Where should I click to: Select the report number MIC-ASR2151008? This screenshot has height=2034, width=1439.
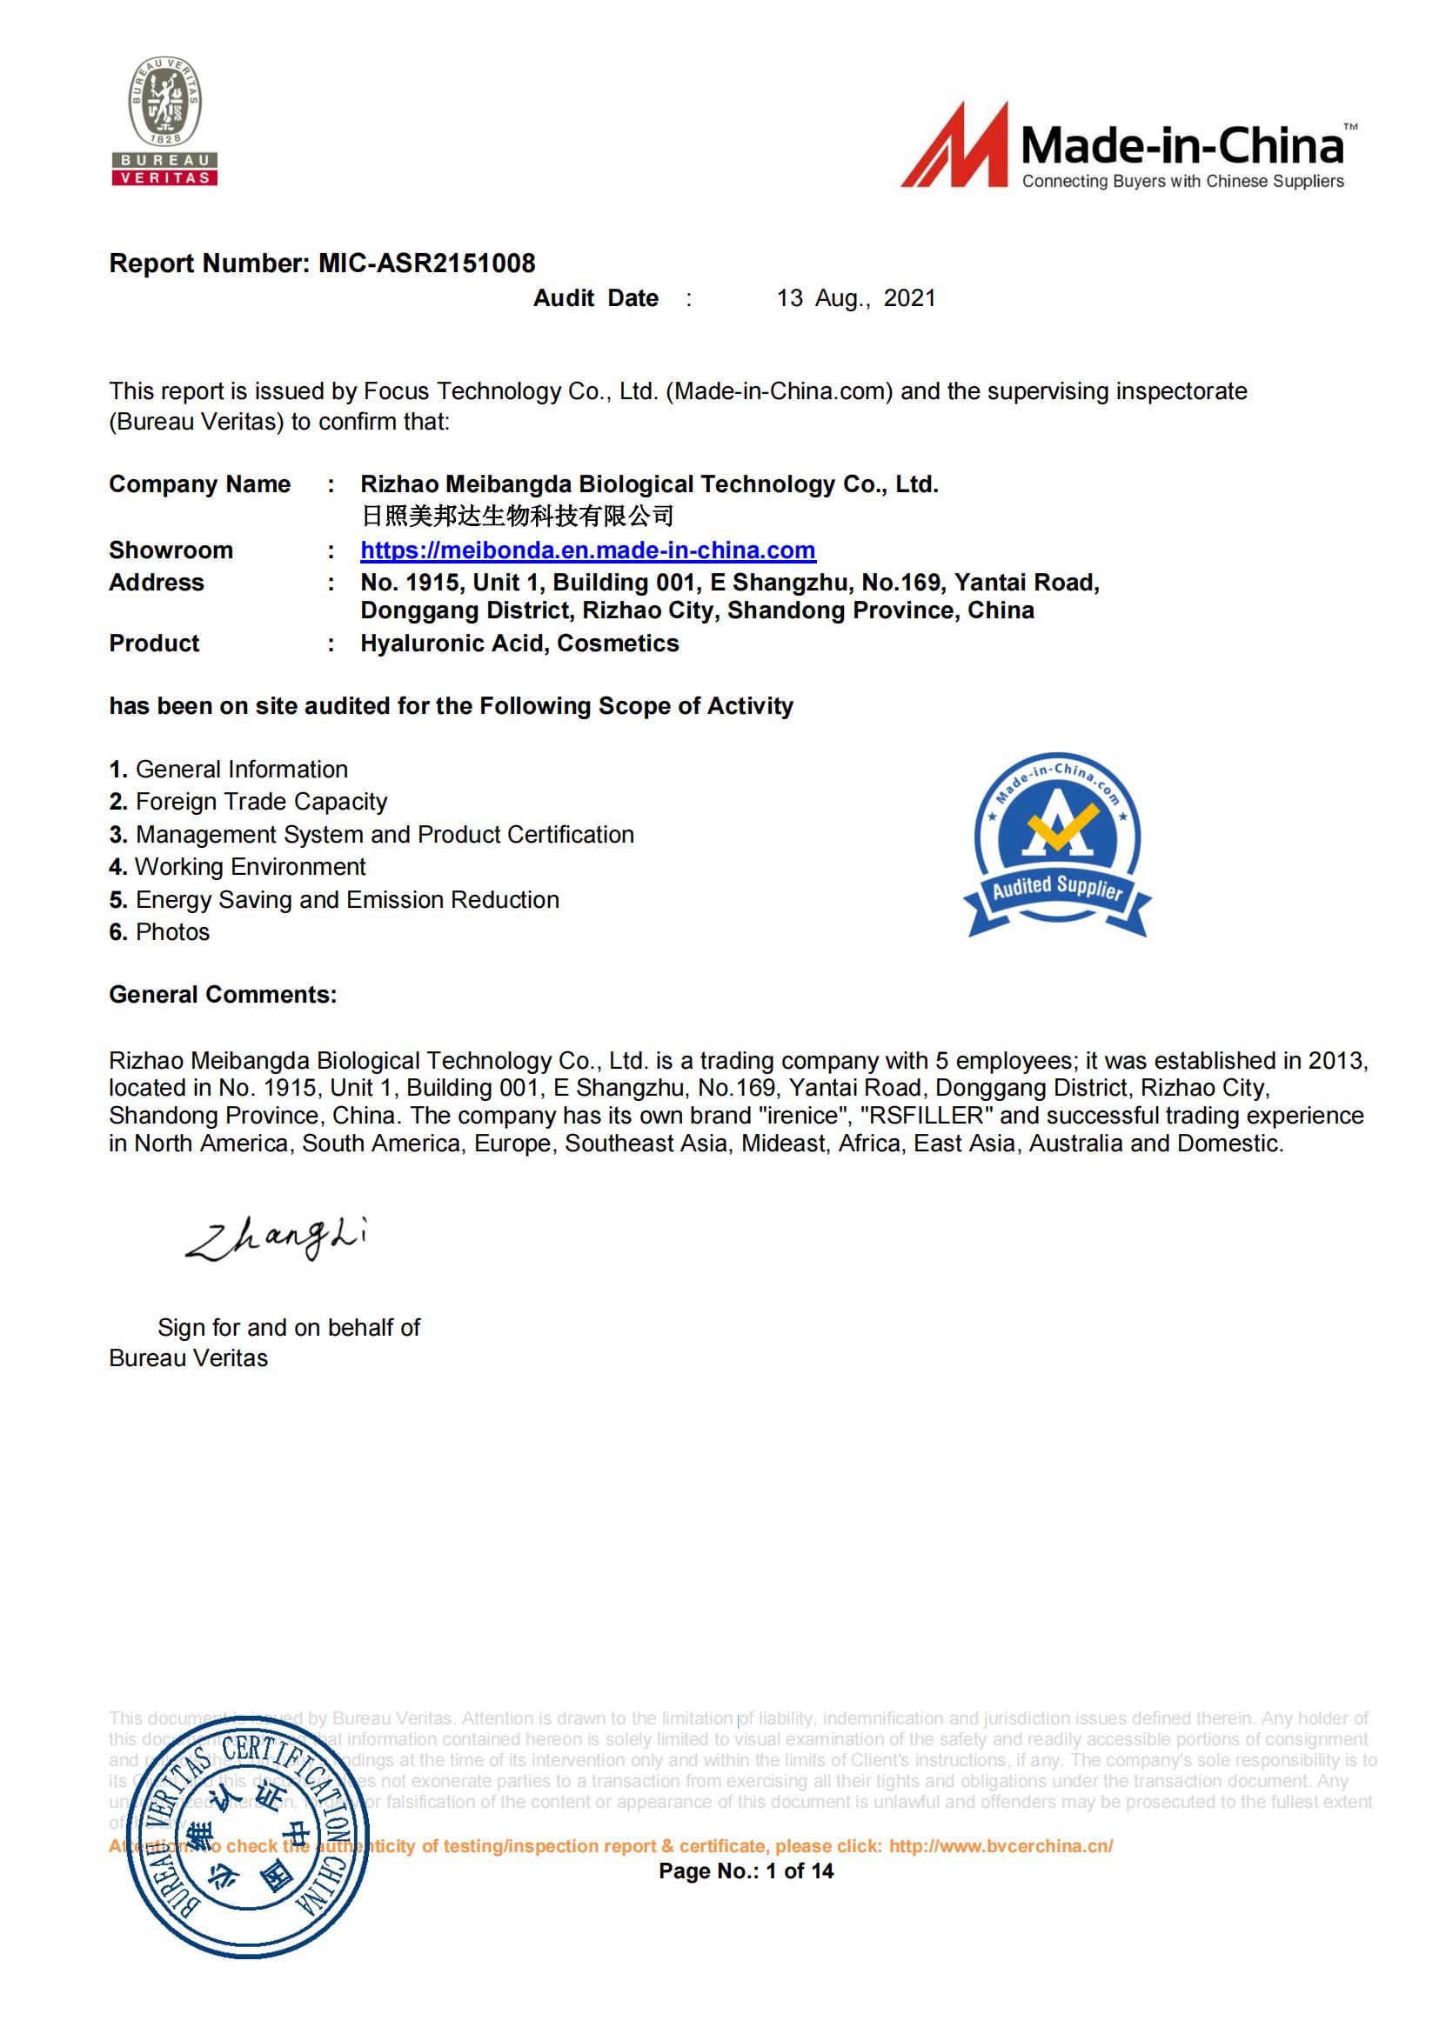(426, 263)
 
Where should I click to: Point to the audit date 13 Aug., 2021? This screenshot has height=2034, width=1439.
(856, 298)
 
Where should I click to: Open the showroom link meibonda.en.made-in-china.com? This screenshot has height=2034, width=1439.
(587, 550)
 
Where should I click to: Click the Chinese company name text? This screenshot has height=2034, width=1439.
(517, 516)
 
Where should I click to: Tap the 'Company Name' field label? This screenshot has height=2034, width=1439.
(199, 484)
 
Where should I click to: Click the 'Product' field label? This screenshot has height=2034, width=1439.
(154, 644)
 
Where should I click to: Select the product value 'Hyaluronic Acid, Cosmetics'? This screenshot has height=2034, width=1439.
(519, 644)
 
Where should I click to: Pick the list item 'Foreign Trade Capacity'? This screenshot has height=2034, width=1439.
(260, 802)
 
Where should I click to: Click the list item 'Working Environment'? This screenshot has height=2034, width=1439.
(250, 866)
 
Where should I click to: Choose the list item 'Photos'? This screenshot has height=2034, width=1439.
(172, 932)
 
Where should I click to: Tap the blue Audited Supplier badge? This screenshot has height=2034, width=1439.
(1057, 846)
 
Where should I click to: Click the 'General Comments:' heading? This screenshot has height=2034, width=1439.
(223, 995)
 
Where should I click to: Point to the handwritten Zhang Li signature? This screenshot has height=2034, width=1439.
(276, 1237)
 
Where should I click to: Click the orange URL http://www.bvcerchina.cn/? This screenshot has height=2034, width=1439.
(1001, 1846)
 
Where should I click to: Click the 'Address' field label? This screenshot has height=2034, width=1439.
(156, 583)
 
